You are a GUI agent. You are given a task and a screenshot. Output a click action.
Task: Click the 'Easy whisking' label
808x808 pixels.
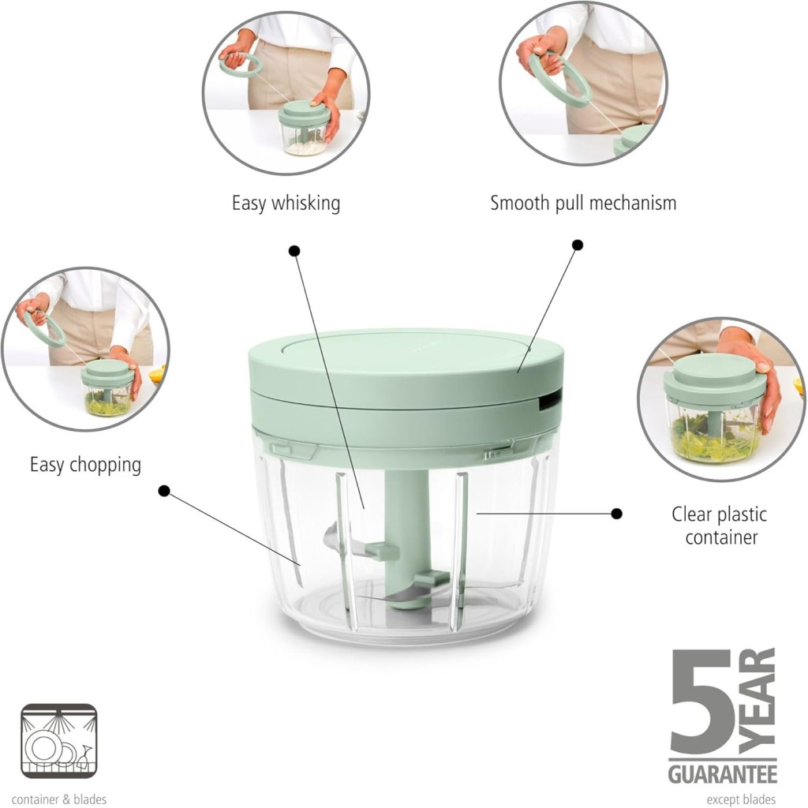click(x=286, y=203)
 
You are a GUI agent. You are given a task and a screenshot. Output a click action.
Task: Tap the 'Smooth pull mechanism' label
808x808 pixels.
click(x=583, y=203)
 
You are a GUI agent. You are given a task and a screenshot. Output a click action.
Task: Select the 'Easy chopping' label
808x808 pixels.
click(x=85, y=465)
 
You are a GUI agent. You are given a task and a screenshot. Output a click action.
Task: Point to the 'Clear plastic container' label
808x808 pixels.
click(x=720, y=526)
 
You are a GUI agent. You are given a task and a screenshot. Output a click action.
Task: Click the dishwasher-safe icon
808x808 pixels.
click(x=58, y=741)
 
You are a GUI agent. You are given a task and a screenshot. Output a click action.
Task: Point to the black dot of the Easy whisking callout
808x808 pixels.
click(x=294, y=251)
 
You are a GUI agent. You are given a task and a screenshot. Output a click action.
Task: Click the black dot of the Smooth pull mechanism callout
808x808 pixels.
click(x=578, y=245)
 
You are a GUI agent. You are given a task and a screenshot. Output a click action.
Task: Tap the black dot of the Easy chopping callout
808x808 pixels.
click(x=164, y=491)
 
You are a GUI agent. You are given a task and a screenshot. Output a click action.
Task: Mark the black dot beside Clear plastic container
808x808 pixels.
click(x=616, y=513)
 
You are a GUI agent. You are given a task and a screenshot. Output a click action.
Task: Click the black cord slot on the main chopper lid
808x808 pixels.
click(x=550, y=400)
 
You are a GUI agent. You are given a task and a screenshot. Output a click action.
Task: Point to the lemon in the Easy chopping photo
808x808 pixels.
click(x=158, y=373)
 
